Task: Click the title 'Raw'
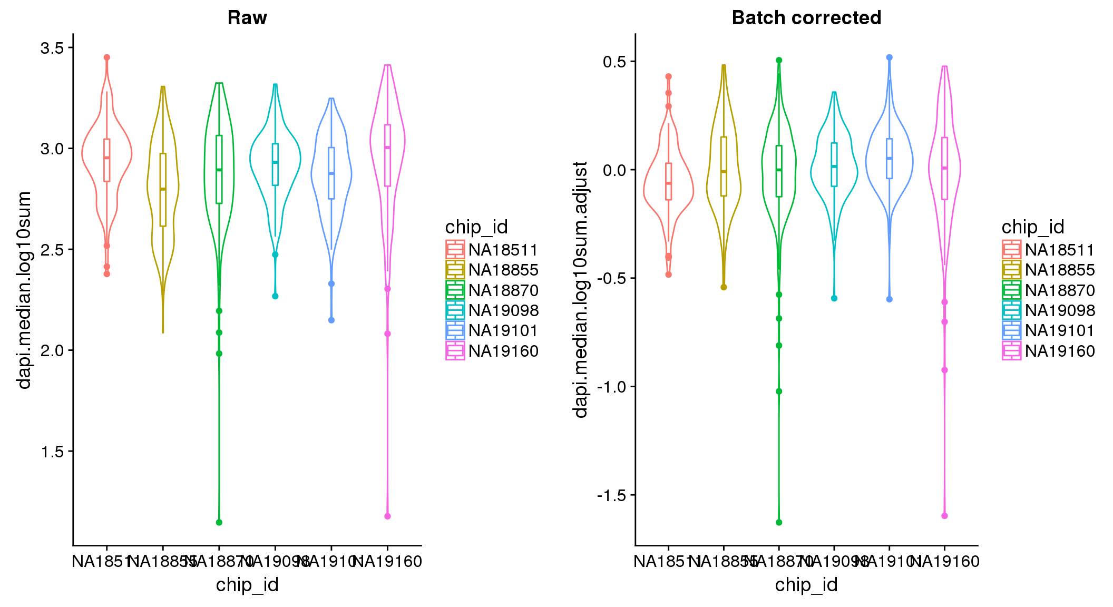(247, 18)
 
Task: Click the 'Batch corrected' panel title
(806, 18)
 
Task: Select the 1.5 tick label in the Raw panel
(52, 452)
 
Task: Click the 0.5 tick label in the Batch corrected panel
(614, 62)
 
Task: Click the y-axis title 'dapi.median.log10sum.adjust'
(581, 290)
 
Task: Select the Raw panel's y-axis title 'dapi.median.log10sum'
(24, 290)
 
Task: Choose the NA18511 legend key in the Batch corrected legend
(1011, 250)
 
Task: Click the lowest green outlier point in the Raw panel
(219, 522)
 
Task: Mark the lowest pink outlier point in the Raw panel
(387, 516)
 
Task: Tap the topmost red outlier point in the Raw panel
(107, 57)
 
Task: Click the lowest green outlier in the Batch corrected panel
(779, 522)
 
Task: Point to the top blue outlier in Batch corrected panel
(890, 57)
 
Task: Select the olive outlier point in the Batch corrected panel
(724, 287)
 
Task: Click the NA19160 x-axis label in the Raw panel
(387, 562)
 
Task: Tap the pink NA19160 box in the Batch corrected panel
(944, 169)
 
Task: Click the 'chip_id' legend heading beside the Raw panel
(476, 227)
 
